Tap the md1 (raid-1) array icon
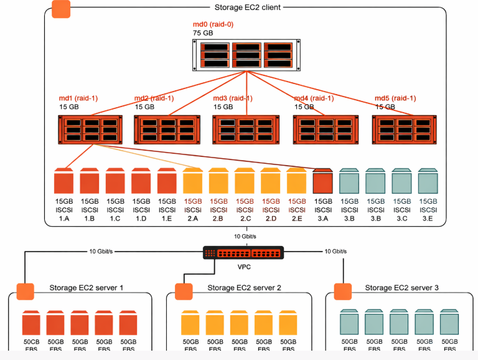tap(90, 130)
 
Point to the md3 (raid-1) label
tap(233, 98)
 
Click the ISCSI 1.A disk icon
tap(64, 181)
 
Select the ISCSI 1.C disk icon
tap(116, 181)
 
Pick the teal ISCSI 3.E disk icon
tap(428, 181)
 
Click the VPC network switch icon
tap(243, 253)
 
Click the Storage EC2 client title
tap(247, 7)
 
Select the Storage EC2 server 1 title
tap(87, 288)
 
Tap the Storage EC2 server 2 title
tap(244, 288)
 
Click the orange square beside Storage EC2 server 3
tap(343, 291)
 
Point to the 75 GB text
tap(202, 33)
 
